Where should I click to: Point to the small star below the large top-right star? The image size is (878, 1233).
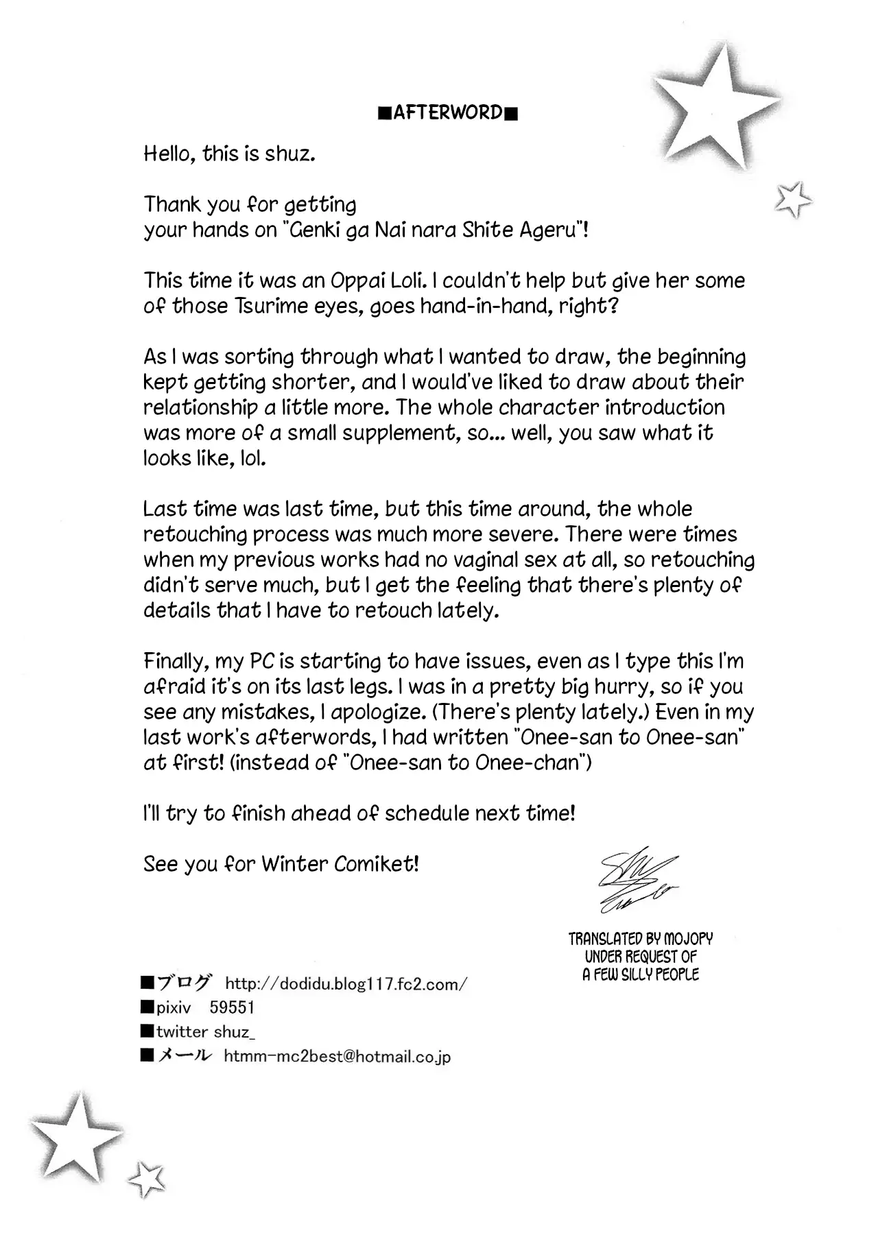click(x=792, y=200)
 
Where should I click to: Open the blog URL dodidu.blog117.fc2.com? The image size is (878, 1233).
click(x=346, y=984)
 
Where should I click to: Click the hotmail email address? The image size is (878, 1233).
click(x=337, y=1056)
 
